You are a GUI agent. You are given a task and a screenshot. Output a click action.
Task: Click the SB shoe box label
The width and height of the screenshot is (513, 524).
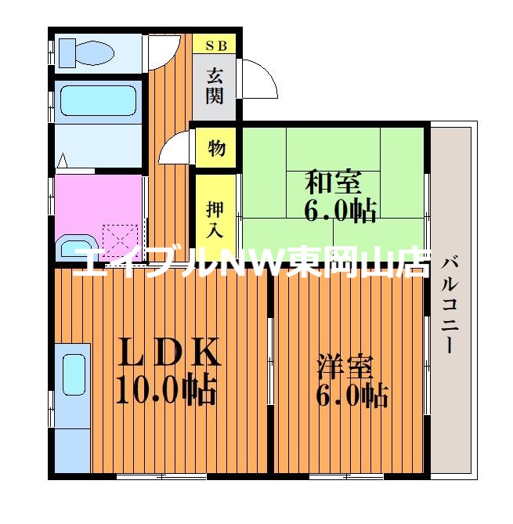215,45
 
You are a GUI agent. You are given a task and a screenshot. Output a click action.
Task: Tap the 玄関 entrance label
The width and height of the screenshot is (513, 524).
215,86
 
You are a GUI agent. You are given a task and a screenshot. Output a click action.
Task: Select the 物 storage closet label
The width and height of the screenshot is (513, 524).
216,146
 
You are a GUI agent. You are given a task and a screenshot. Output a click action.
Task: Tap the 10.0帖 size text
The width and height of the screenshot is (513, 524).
166,389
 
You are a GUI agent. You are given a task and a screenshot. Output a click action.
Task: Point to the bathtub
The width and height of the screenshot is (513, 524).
98,100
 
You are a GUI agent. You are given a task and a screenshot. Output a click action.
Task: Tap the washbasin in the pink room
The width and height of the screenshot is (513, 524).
78,248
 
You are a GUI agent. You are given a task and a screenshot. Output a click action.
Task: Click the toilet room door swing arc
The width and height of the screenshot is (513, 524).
163,52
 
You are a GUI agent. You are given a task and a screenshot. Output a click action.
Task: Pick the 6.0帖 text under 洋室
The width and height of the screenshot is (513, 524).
352,396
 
